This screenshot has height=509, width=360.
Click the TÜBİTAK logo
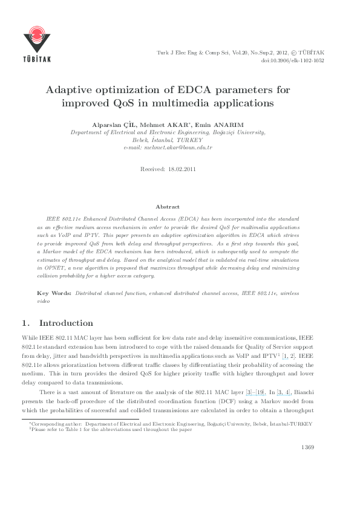coord(37,43)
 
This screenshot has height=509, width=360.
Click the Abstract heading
coord(168,207)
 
